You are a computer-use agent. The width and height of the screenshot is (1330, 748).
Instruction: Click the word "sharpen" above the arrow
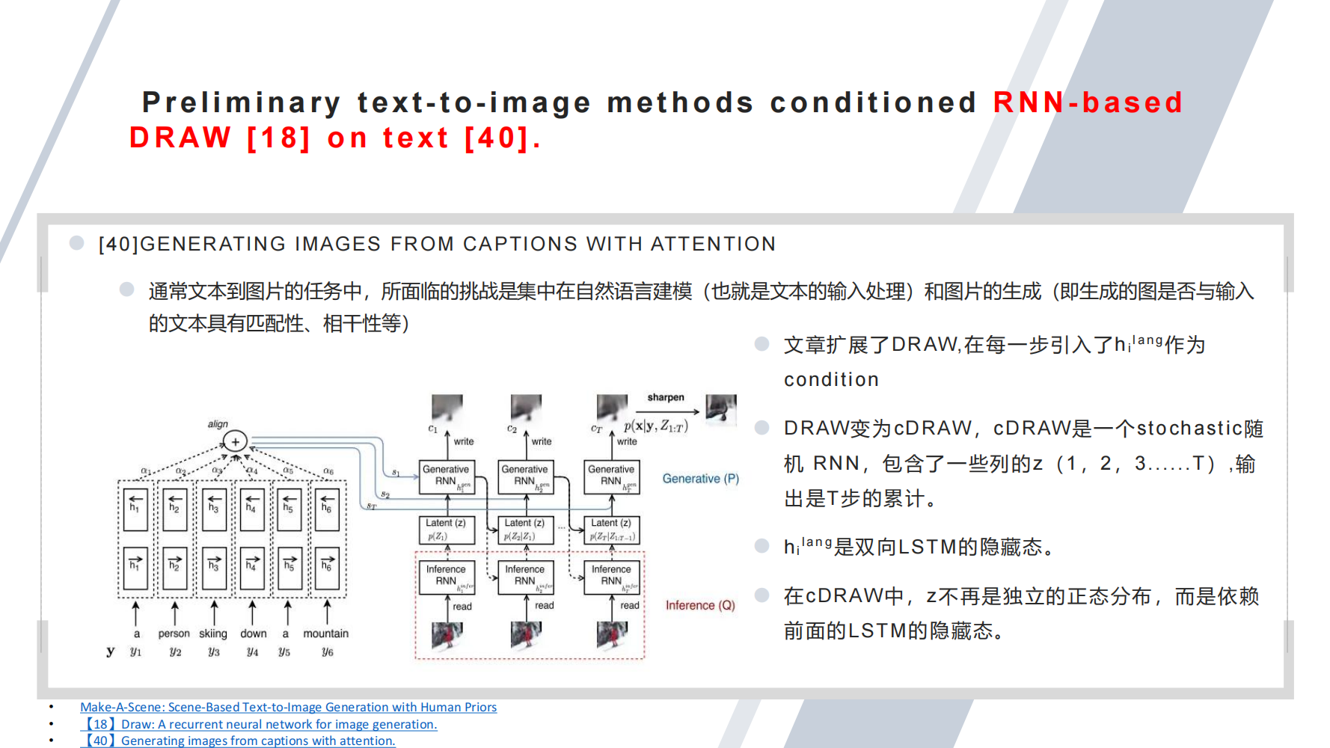click(666, 397)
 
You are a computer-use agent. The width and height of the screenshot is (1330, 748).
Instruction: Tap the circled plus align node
click(235, 441)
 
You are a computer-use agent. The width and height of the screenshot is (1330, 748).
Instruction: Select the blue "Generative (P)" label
click(700, 479)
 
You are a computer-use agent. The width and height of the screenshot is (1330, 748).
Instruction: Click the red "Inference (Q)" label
click(700, 605)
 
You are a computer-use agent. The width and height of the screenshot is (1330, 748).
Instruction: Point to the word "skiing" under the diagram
click(213, 634)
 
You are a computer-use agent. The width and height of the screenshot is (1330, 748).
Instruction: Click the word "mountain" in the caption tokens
click(325, 634)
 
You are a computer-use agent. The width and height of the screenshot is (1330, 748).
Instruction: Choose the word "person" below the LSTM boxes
click(174, 634)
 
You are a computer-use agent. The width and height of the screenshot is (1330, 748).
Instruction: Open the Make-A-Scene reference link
click(288, 707)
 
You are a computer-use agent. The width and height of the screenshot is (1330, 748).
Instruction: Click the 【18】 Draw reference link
click(259, 724)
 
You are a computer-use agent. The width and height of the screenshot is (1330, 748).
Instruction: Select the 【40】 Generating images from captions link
click(238, 741)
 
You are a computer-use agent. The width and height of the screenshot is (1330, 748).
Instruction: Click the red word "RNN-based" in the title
click(1088, 102)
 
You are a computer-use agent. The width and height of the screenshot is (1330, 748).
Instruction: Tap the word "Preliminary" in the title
click(242, 102)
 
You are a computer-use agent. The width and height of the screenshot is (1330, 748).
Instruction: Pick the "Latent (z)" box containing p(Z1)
click(447, 530)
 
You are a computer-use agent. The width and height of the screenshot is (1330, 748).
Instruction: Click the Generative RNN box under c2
click(525, 476)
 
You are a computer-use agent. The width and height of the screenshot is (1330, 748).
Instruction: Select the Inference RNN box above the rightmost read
click(611, 577)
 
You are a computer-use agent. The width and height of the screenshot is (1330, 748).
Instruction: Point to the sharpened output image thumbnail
click(721, 408)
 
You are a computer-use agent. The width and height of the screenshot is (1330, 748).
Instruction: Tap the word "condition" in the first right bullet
click(831, 380)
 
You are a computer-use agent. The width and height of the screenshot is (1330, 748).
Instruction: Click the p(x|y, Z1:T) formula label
click(655, 426)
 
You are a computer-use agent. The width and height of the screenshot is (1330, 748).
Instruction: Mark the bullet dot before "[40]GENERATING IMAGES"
click(76, 242)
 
